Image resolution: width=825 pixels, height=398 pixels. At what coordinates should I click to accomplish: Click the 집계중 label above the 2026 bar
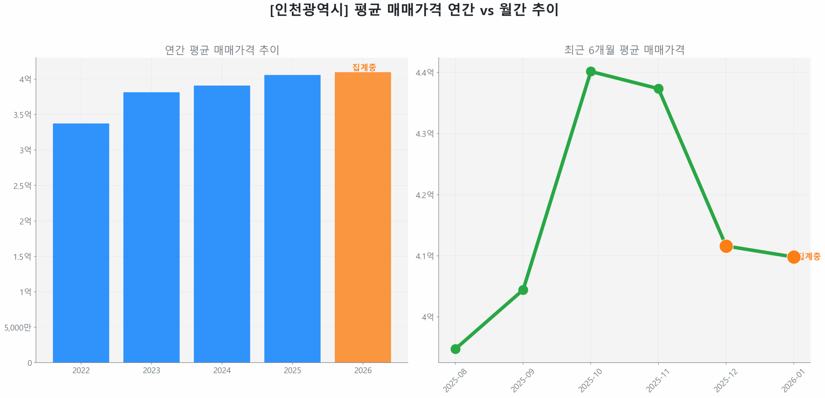[364, 67]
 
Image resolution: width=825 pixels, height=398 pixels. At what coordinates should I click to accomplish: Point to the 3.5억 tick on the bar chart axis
[22, 114]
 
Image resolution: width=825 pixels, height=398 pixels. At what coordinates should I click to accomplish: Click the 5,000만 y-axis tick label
[17, 327]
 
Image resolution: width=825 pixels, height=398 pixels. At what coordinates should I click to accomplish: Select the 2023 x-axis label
[151, 370]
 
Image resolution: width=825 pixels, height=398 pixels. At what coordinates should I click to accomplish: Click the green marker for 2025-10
[590, 71]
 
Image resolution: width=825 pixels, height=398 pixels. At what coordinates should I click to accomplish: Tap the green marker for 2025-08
[455, 349]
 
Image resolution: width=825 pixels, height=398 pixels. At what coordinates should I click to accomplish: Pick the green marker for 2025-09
[522, 290]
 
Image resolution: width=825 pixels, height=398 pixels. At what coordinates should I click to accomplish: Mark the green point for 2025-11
[658, 88]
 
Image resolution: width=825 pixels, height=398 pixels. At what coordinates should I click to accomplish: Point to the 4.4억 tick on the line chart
[424, 72]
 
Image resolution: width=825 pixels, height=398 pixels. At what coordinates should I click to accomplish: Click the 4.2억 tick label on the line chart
[424, 194]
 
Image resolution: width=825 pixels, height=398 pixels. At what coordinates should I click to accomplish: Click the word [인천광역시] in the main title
[309, 10]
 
